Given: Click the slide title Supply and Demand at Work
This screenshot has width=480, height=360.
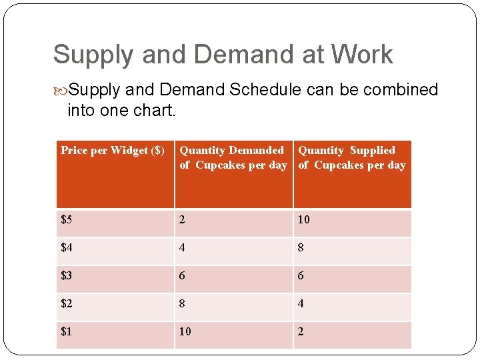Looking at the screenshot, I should pos(223,55).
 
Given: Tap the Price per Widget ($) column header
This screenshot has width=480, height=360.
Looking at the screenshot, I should pos(113,151).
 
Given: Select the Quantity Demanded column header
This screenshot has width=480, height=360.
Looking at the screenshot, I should pos(233,158).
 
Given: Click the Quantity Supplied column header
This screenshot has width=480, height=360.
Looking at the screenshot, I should pos(351,158).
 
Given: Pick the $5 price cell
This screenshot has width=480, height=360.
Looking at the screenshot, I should pos(67,220).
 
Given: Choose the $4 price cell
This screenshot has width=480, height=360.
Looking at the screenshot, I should pos(67,248).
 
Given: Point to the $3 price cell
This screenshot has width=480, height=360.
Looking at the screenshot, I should pos(67,276).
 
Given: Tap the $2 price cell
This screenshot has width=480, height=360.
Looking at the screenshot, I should pos(67,304).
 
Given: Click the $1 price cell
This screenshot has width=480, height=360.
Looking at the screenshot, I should pos(67,331).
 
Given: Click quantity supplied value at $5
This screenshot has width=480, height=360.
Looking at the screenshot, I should pos(304,220).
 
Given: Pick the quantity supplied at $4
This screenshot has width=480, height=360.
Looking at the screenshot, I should pos(301,248).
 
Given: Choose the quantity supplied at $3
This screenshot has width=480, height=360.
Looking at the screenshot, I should pos(301,276).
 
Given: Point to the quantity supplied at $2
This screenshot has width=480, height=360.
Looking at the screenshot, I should pos(301,304).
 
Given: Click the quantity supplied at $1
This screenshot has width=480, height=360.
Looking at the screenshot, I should pos(301,331).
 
